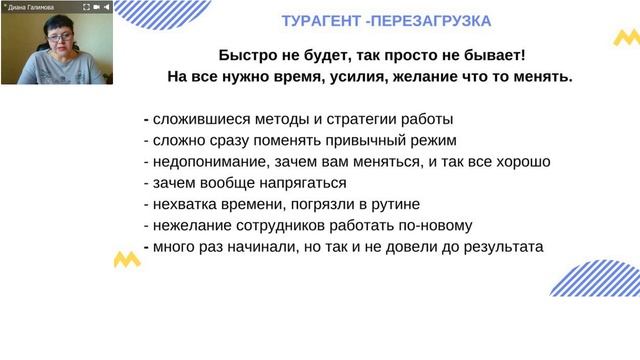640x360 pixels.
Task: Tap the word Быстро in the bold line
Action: [x=246, y=56]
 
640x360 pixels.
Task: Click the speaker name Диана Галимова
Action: [x=33, y=7]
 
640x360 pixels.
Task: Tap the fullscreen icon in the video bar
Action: [x=84, y=7]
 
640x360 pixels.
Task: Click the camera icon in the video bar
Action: [x=96, y=7]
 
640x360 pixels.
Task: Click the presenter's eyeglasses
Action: [x=54, y=41]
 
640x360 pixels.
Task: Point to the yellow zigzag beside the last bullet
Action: [x=127, y=259]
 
